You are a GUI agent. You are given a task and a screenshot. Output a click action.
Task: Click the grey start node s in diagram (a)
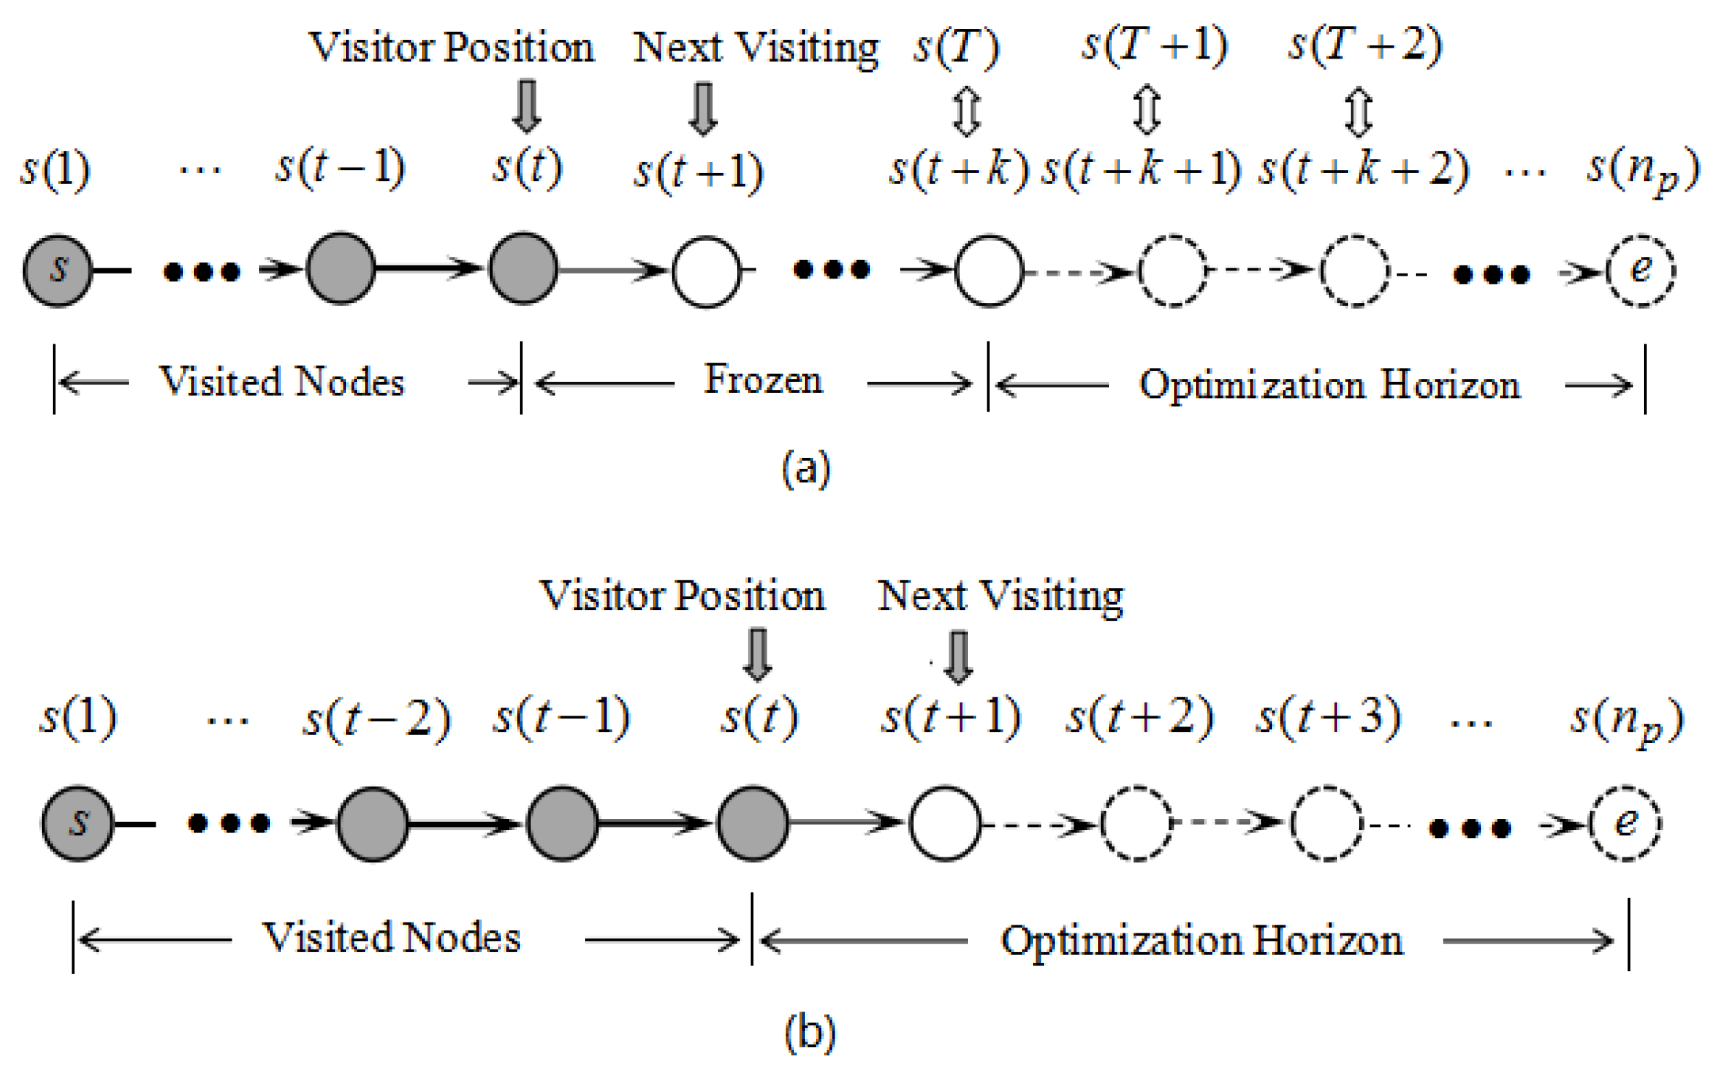coord(58,271)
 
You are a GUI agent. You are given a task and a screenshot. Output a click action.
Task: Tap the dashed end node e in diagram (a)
coord(1640,271)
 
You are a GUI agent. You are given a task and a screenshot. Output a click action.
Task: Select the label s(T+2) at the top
coord(1365,46)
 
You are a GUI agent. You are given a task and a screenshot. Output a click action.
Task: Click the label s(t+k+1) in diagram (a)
coord(1141,170)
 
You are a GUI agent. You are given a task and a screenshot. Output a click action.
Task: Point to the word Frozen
coord(763,381)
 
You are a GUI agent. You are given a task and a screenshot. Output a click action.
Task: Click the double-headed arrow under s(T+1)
coord(1147,110)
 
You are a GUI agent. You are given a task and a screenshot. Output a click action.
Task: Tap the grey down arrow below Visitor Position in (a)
coord(526,106)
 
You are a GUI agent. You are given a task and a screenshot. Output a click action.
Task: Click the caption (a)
coord(806,469)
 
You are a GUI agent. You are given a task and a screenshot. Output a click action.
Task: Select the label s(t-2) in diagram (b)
coord(376,719)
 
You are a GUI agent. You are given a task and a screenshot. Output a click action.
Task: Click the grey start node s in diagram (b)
coord(77,823)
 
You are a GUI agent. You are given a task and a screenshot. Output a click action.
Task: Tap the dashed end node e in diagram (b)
coord(1625,823)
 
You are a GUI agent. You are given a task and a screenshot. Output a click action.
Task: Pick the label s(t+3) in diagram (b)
coord(1328,718)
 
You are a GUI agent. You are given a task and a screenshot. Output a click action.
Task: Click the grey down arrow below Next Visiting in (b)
coord(958,657)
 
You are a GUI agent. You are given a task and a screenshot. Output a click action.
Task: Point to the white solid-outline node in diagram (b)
coord(945,823)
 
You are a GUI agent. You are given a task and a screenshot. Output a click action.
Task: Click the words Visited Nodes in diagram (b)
coord(391,938)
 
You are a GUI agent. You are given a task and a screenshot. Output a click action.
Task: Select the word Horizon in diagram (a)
coord(1450,385)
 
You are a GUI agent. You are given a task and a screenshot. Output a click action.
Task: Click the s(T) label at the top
coord(956,48)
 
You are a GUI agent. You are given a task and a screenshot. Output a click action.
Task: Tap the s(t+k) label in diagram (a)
coord(958,170)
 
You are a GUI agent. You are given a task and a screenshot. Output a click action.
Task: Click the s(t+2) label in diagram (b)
coord(1139,718)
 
